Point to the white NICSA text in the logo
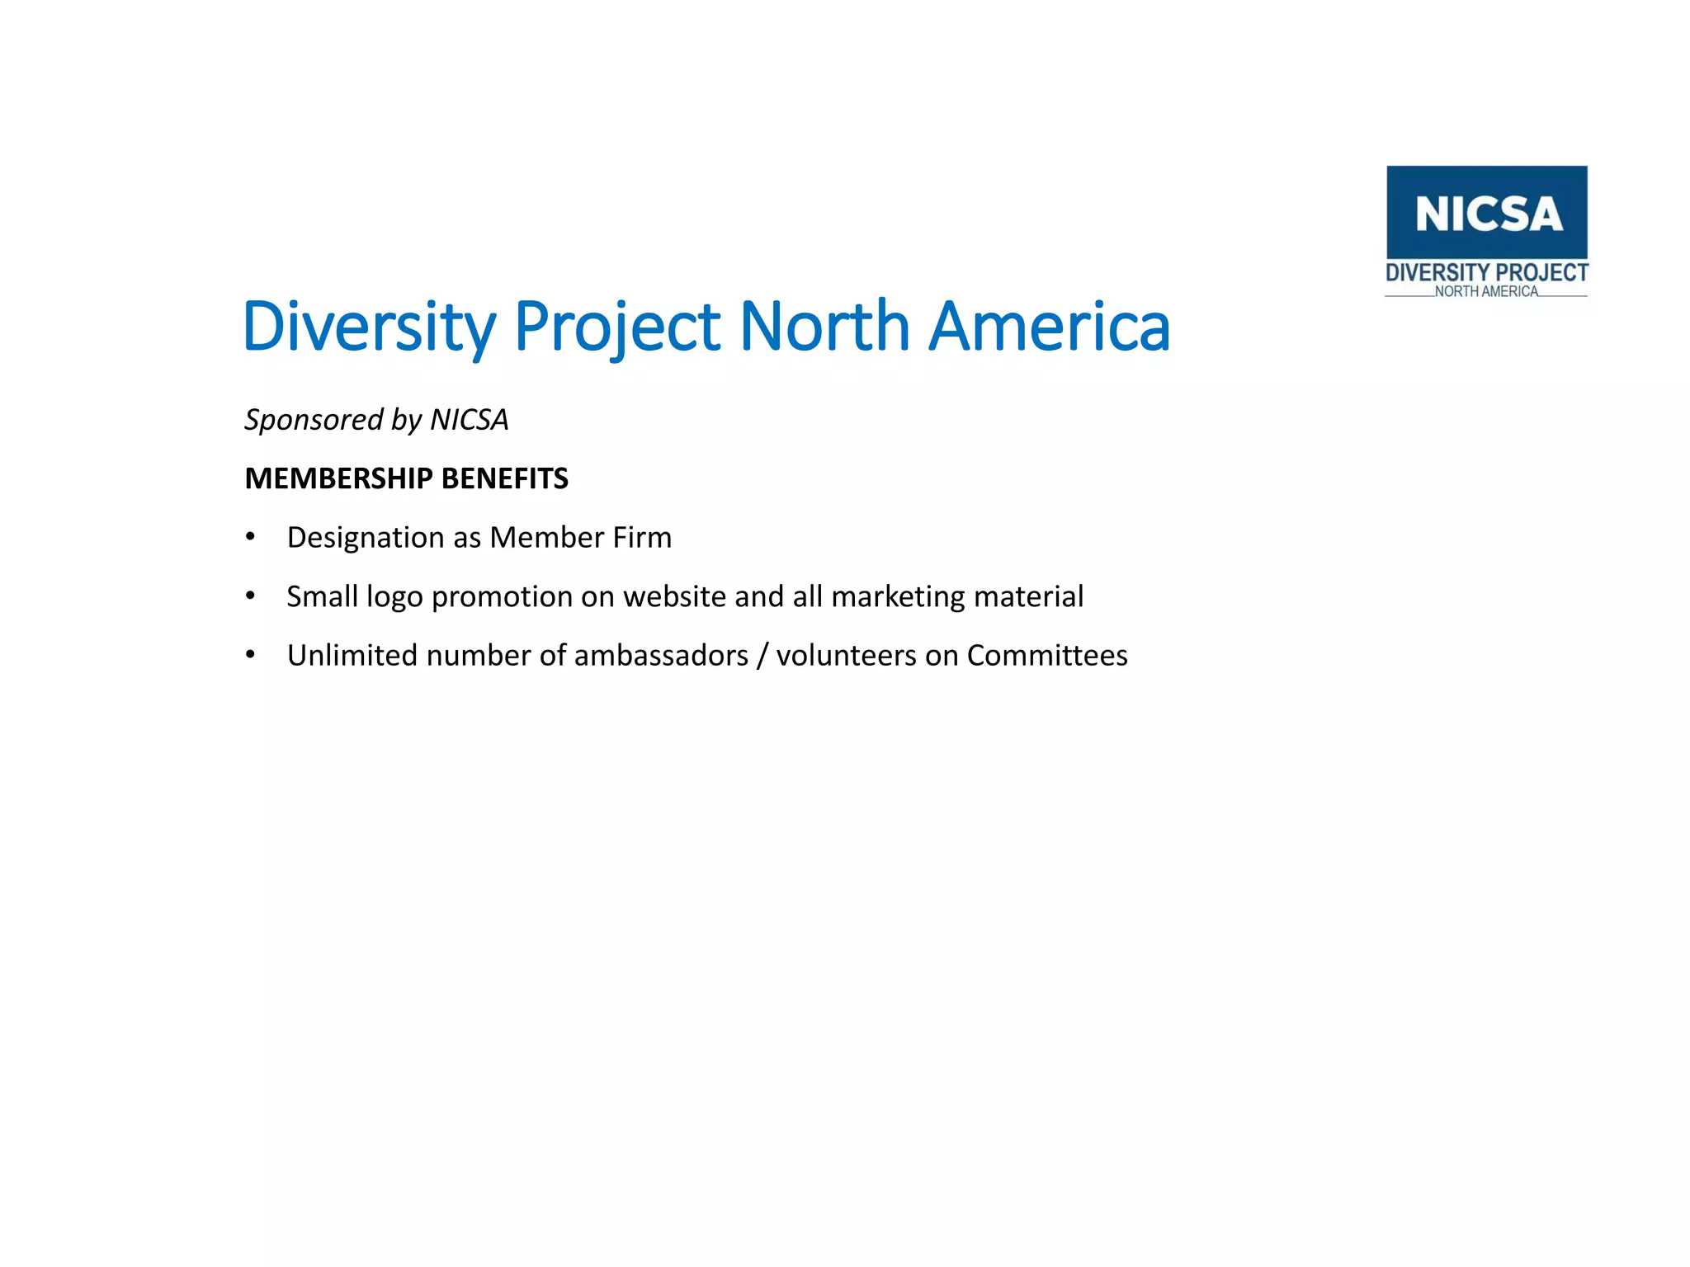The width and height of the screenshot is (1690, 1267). pos(1489,214)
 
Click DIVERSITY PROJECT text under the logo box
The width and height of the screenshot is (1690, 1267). pos(1486,273)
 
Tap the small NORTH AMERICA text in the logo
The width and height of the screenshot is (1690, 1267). pos(1486,291)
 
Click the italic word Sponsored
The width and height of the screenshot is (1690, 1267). pos(314,420)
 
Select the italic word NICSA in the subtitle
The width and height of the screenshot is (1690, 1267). pos(470,420)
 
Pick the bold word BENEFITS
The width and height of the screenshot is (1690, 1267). pos(505,478)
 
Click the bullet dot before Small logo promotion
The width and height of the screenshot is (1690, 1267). pos(250,596)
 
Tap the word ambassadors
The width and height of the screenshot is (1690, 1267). pos(661,655)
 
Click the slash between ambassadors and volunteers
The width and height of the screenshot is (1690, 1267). pos(762,656)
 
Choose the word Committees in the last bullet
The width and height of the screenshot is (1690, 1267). pos(1047,655)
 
